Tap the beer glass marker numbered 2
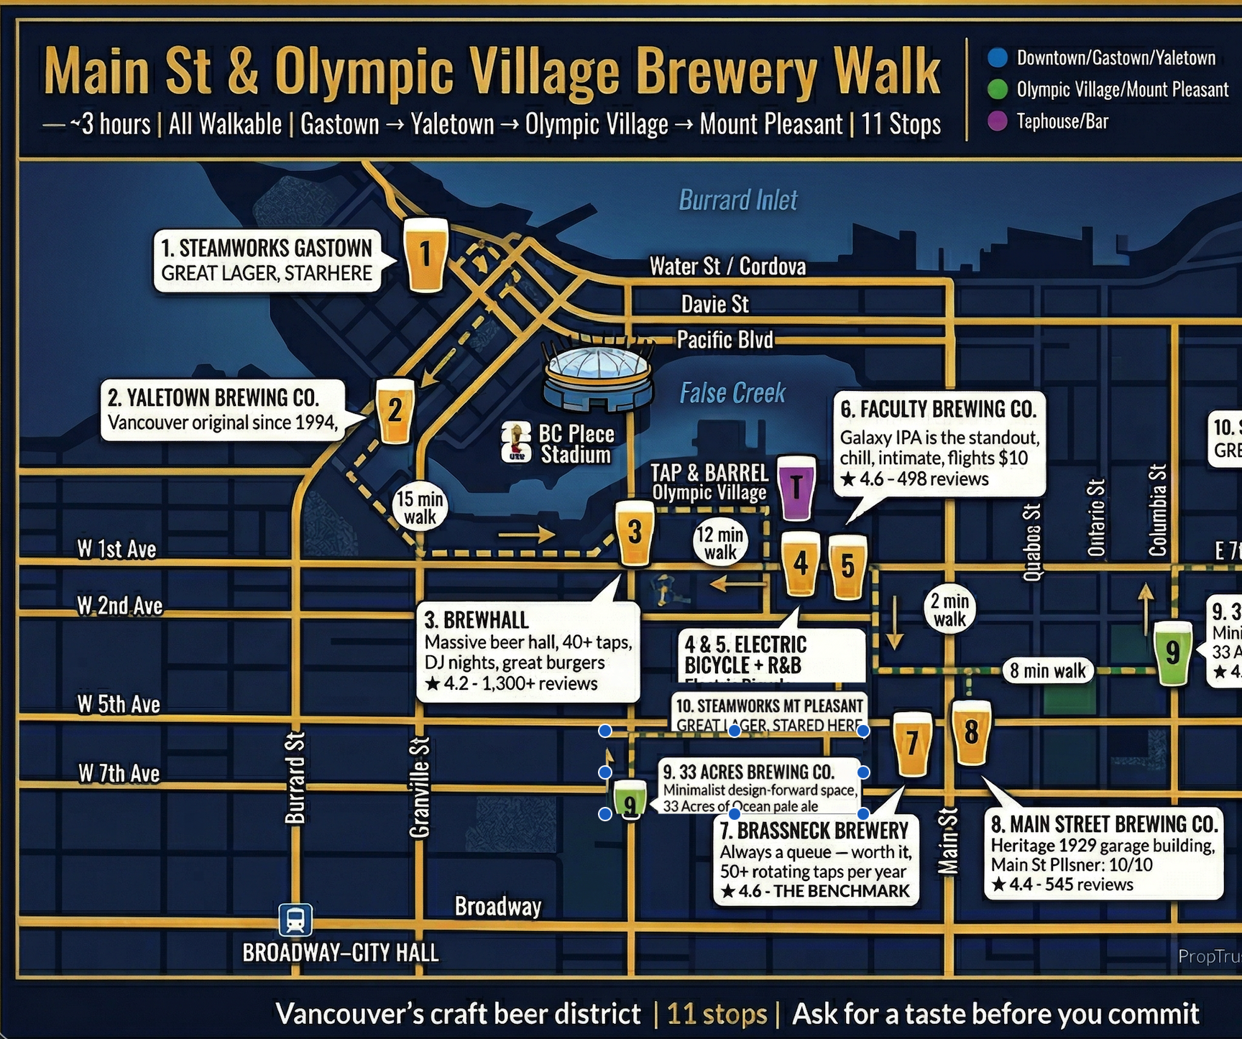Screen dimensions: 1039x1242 (395, 411)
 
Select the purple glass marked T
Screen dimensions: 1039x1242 (796, 487)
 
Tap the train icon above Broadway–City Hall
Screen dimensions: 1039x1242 (295, 920)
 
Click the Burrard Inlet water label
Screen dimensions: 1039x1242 (738, 200)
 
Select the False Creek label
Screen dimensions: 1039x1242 (732, 393)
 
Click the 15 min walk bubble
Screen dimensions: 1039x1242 (420, 508)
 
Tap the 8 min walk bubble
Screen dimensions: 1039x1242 (1047, 671)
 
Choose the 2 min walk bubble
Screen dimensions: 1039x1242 (949, 610)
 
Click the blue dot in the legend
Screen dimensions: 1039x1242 (998, 57)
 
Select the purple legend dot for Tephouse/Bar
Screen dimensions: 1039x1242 (998, 121)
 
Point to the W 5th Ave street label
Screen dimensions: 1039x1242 (119, 704)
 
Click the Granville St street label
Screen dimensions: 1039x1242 (420, 787)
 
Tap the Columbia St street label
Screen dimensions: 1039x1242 (1157, 510)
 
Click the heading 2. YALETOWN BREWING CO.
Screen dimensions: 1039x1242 (213, 397)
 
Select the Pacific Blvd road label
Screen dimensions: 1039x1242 (724, 339)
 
